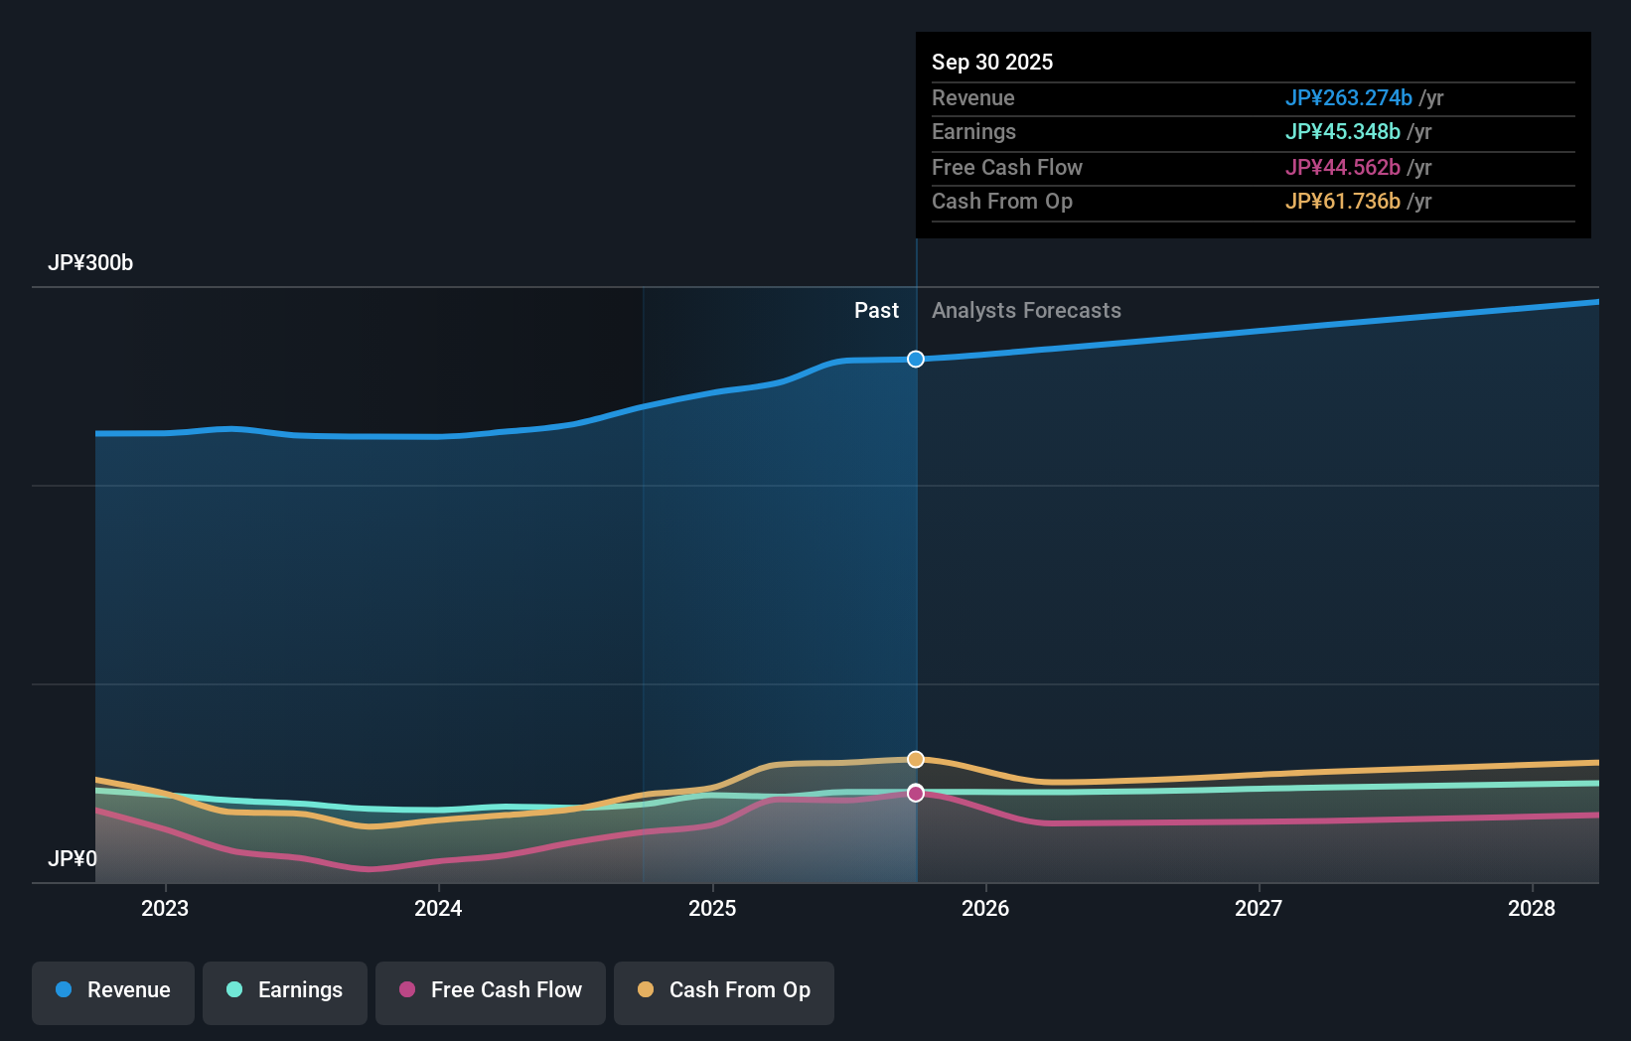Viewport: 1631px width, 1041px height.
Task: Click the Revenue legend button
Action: (113, 990)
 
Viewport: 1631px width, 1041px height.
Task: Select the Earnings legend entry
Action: (285, 990)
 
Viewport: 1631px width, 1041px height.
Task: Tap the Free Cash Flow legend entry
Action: (491, 990)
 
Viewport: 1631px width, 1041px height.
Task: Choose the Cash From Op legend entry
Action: (724, 990)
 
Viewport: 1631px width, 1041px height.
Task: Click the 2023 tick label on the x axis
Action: (165, 908)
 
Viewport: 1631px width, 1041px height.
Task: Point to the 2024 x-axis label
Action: (438, 908)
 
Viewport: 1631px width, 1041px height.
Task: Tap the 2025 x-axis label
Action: (712, 908)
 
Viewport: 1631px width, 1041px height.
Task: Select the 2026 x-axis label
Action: (985, 908)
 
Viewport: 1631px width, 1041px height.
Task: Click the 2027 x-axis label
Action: (1259, 908)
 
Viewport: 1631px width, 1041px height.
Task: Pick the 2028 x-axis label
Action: (1532, 908)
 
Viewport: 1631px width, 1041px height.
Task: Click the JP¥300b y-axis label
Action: (90, 263)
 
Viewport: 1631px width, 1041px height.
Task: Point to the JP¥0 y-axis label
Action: (73, 858)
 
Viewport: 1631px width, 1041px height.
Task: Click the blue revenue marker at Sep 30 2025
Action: (916, 359)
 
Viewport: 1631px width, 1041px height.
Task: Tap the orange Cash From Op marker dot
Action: (916, 759)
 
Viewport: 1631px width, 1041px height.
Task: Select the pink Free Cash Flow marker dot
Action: (916, 793)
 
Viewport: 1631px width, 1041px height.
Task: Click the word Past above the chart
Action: (876, 311)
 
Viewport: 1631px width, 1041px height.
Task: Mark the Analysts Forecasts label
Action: (1026, 311)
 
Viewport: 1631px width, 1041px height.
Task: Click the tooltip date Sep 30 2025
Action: (992, 62)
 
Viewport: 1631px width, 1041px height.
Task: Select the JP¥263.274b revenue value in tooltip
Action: (1348, 97)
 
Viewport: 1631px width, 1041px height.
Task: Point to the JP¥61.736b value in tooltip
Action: (1342, 202)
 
